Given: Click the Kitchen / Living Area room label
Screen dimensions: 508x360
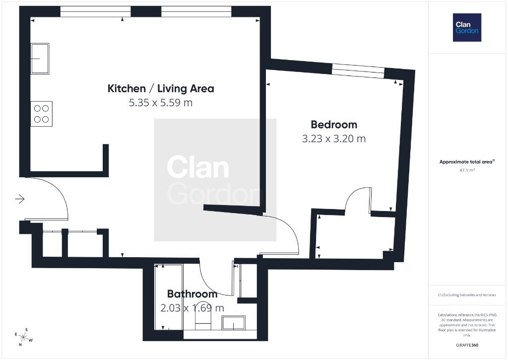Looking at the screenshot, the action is (161, 88).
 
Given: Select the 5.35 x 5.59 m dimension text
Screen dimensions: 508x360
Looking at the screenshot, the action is (161, 103).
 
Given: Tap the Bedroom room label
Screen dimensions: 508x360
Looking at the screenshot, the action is (334, 125).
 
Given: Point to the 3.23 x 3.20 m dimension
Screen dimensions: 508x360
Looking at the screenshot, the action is (334, 139).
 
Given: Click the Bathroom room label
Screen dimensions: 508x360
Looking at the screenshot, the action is (192, 294).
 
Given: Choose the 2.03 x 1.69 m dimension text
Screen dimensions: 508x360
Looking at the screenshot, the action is (192, 308).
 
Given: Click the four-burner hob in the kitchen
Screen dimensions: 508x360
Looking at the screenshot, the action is (42, 114).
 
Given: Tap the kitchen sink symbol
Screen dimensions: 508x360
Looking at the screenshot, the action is (40, 59).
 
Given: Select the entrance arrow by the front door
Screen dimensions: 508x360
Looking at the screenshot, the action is (20, 199).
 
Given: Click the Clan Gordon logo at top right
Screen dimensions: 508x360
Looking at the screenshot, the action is (467, 28).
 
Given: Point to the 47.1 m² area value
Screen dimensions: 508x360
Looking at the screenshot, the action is (467, 170).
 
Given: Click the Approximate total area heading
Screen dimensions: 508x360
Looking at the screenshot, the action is (467, 161).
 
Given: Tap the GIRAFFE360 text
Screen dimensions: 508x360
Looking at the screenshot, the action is (467, 345).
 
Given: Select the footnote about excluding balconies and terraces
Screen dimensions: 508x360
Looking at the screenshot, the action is (467, 295).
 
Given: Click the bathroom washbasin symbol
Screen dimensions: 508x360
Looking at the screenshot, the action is (234, 323).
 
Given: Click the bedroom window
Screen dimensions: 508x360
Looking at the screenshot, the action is (358, 71).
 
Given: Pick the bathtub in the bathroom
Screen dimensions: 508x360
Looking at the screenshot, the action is (169, 297).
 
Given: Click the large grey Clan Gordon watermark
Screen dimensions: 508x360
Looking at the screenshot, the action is (215, 180).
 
